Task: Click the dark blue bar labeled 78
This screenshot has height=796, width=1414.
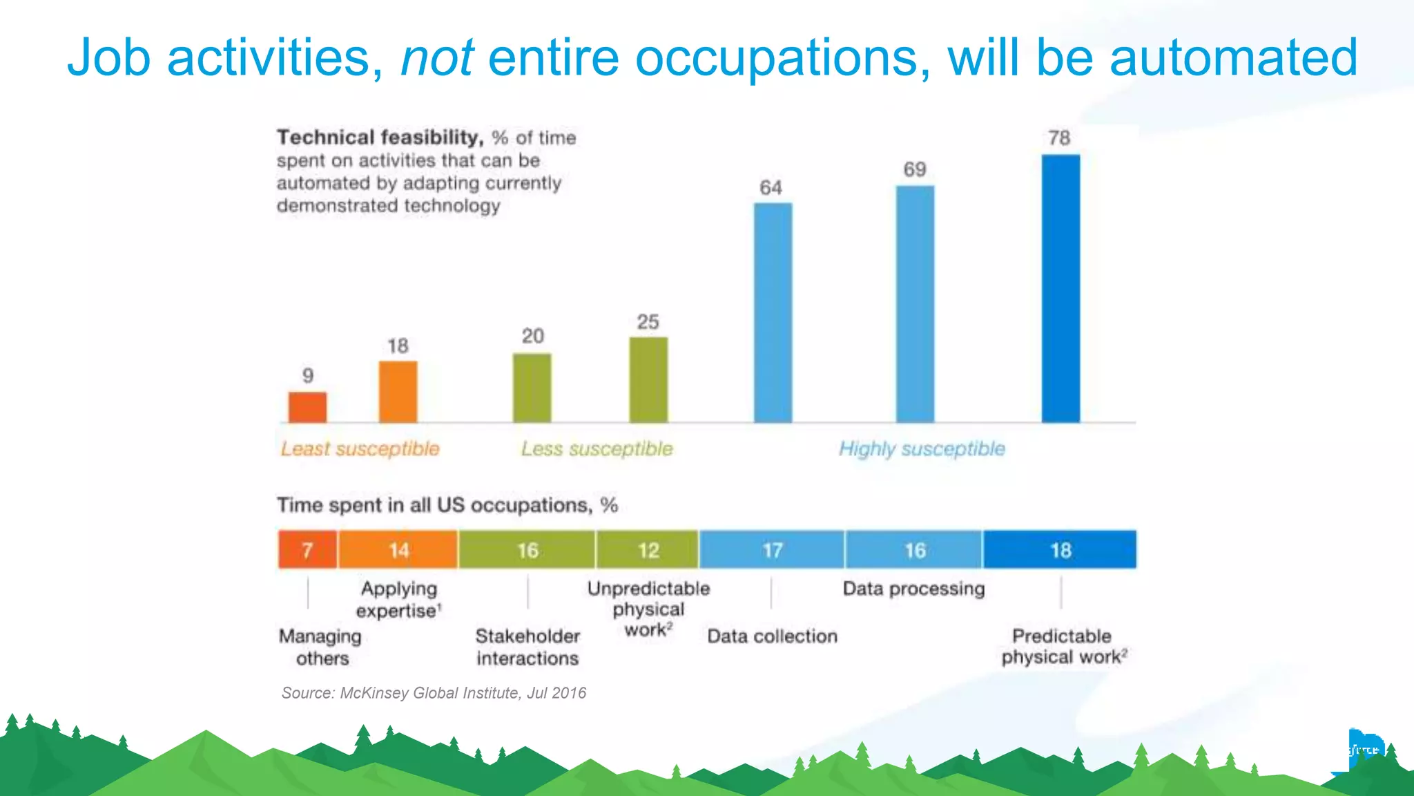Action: click(1060, 289)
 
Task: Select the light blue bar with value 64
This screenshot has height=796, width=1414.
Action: click(773, 312)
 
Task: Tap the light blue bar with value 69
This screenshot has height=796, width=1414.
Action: click(915, 304)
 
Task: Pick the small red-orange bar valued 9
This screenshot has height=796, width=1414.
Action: click(307, 407)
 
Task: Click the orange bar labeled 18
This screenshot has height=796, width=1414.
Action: click(398, 391)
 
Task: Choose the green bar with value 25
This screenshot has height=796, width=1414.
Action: click(648, 379)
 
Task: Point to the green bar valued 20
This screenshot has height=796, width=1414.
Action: click(532, 388)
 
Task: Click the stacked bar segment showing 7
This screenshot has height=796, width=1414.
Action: click(308, 550)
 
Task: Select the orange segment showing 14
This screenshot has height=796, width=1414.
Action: click(398, 550)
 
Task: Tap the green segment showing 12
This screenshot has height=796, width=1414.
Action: click(648, 550)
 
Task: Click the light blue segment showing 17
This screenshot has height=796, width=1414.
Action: click(772, 550)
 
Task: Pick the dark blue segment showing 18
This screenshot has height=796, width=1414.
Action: click(1060, 550)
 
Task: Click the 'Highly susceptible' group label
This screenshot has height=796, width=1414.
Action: click(922, 449)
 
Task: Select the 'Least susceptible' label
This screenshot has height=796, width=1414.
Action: click(360, 449)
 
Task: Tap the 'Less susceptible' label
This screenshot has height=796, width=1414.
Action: click(597, 449)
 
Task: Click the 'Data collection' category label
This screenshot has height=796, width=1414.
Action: click(772, 636)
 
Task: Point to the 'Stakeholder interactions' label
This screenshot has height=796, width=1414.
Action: click(527, 647)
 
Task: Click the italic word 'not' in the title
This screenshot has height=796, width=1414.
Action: click(436, 57)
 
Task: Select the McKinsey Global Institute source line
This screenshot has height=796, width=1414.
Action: click(434, 693)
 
